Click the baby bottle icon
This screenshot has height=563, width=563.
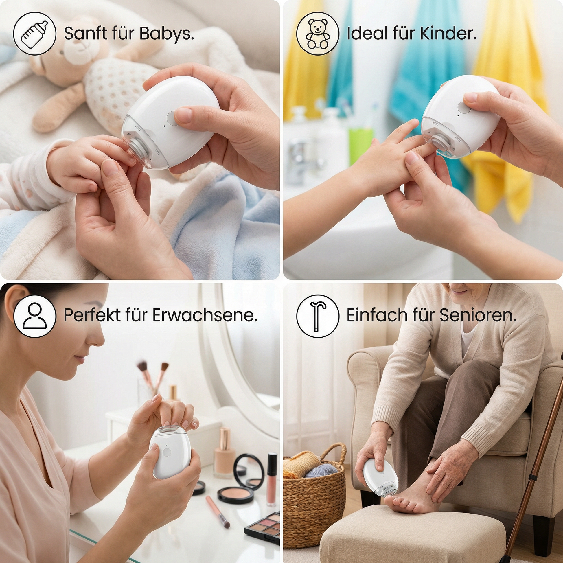(35, 34)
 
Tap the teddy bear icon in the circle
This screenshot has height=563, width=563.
(318, 34)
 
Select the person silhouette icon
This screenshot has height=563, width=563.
(35, 316)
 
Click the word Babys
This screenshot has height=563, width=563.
(167, 34)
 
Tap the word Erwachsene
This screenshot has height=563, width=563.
(205, 315)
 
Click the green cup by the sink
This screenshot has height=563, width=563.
(361, 146)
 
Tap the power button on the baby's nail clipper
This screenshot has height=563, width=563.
(172, 118)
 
